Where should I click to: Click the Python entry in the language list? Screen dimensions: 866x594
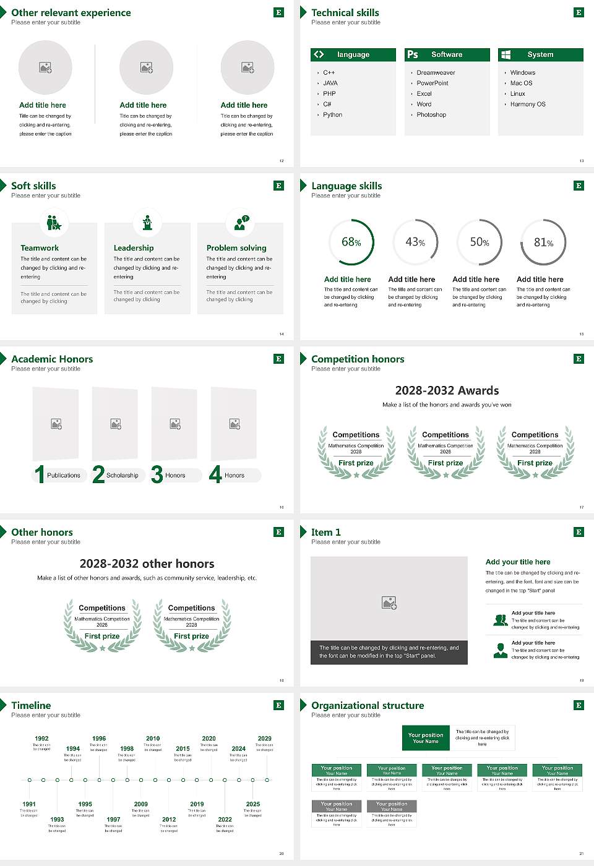pyautogui.click(x=332, y=115)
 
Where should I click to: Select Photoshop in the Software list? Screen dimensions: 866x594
pyautogui.click(x=431, y=115)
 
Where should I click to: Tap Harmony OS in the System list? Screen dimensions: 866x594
pyautogui.click(x=527, y=105)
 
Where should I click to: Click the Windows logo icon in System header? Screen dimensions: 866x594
pyautogui.click(x=506, y=54)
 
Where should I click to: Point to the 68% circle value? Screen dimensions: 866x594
pyautogui.click(x=351, y=242)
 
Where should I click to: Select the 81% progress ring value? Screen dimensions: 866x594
pyautogui.click(x=543, y=242)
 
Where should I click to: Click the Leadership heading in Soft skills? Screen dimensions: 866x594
pyautogui.click(x=134, y=248)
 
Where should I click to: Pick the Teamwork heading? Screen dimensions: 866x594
pyautogui.click(x=40, y=248)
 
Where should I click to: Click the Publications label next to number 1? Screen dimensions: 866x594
pyautogui.click(x=63, y=476)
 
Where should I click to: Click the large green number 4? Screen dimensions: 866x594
pyautogui.click(x=215, y=474)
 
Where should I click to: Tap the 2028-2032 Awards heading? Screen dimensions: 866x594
pyautogui.click(x=447, y=391)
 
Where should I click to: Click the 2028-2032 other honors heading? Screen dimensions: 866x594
pyautogui.click(x=147, y=564)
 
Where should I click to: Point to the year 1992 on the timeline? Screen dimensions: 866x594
pyautogui.click(x=41, y=739)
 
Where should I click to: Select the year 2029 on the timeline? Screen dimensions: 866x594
pyautogui.click(x=264, y=739)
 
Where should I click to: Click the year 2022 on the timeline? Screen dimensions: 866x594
pyautogui.click(x=225, y=820)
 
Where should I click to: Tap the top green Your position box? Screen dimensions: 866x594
pyautogui.click(x=426, y=738)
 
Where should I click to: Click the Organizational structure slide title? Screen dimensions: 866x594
pyautogui.click(x=368, y=706)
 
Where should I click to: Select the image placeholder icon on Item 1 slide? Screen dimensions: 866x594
pyautogui.click(x=389, y=602)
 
